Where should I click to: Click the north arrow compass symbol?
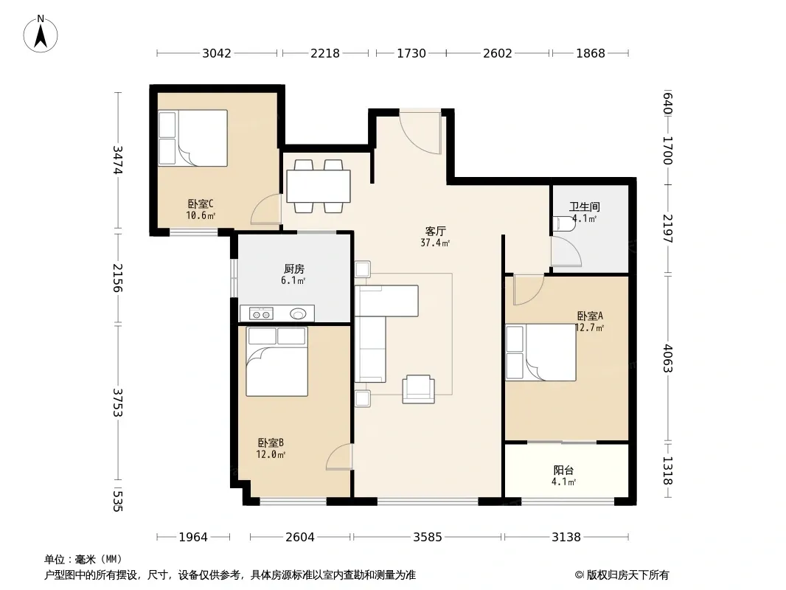pos(41,34)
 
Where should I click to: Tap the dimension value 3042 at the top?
pos(217,53)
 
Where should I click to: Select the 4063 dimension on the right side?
pos(668,358)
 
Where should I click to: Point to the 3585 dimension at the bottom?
pos(428,538)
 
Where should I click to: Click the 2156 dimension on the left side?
pos(118,278)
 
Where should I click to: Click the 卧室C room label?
pos(201,204)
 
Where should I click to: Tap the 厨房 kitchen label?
pos(293,269)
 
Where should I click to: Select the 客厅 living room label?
pos(435,232)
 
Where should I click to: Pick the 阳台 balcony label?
pos(563,471)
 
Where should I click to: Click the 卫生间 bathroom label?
pos(585,206)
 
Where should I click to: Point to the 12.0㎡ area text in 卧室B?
pos(271,454)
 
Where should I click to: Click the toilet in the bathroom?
pos(563,223)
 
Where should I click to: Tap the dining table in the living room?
pos(319,186)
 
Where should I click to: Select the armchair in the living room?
pos(418,389)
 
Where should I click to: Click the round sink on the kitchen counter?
pos(298,314)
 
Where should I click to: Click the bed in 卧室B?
pos(277,361)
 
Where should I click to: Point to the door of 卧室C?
pos(265,209)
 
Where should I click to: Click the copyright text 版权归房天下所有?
pos(627,575)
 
